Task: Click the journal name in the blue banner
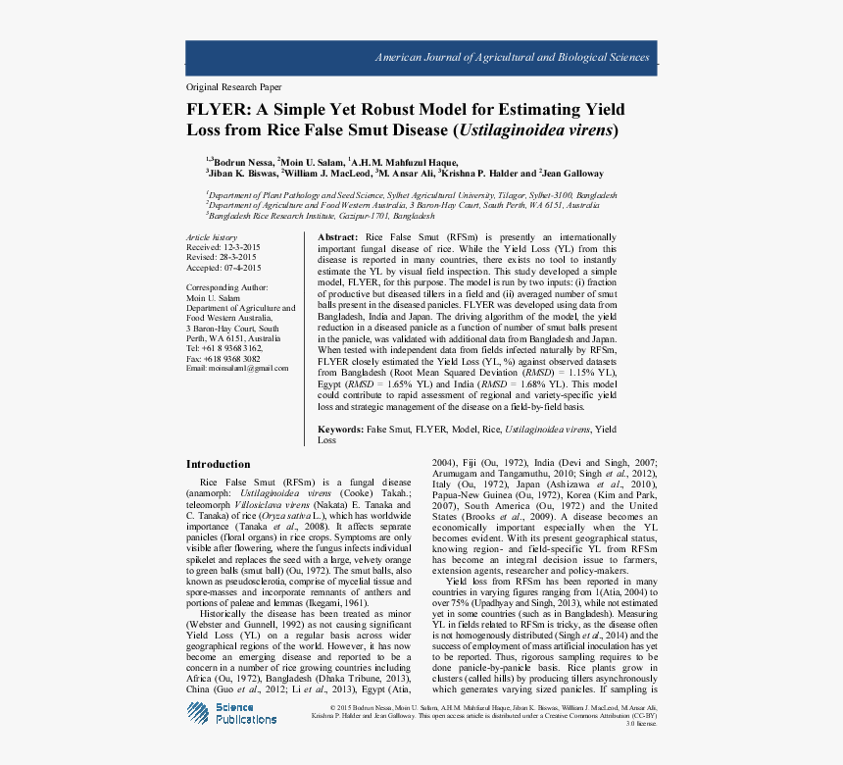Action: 512,58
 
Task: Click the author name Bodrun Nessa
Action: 241,161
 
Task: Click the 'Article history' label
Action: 212,238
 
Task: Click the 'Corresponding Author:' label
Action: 226,288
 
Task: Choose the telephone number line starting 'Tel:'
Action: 224,348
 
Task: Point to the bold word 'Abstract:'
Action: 339,238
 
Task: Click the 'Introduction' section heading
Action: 219,464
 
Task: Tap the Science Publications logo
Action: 233,713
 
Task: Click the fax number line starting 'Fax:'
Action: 223,358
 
